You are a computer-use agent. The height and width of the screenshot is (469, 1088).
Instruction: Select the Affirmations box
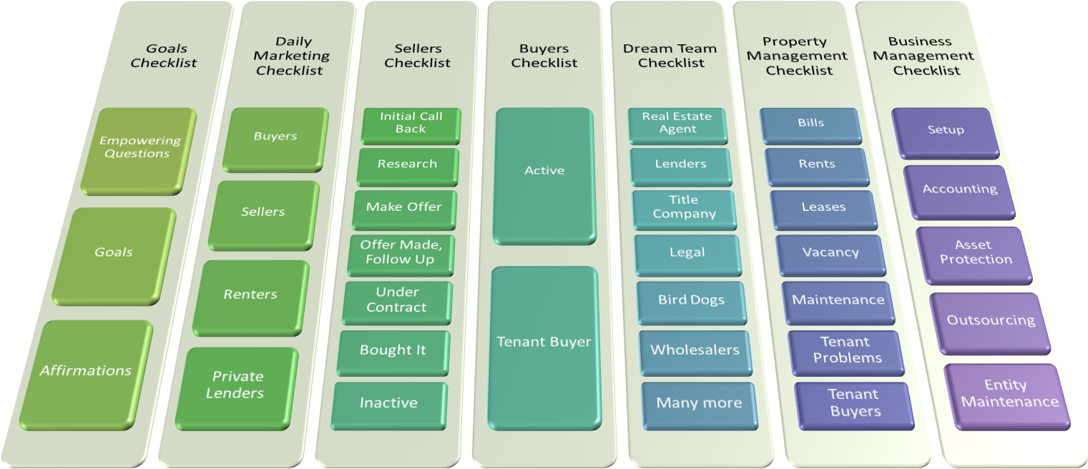pos(86,372)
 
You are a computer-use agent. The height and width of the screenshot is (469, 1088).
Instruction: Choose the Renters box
pos(250,295)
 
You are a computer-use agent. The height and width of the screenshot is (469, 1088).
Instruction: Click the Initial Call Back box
pos(411,123)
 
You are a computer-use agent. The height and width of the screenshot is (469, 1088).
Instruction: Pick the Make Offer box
pos(404,208)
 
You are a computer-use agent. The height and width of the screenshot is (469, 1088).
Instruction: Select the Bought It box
pos(393,351)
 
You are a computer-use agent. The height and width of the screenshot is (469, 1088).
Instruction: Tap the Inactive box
pos(388,404)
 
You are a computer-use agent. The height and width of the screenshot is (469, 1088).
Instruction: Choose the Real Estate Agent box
pos(677,123)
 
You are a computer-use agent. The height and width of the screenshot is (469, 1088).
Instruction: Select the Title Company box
pos(684,207)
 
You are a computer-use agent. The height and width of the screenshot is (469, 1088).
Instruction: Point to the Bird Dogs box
pos(691,301)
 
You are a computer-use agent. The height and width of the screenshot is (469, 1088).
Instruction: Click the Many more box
pos(698,404)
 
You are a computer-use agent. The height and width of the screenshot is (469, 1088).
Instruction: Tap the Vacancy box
pos(830,254)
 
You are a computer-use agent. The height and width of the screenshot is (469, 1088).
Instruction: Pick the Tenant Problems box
pos(847,351)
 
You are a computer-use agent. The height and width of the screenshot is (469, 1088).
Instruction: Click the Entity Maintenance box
pos(1009,395)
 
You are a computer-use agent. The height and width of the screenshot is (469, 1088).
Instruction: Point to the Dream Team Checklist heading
pos(670,56)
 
